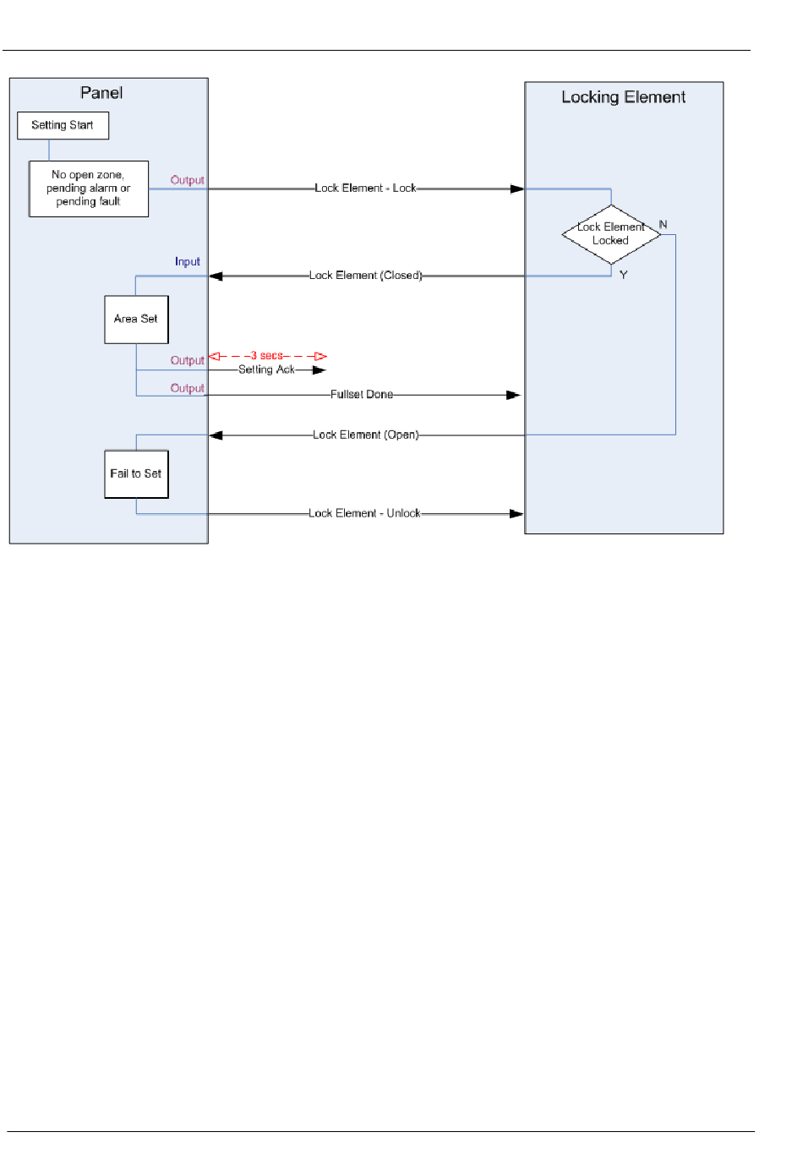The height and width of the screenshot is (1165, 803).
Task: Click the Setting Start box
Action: point(63,125)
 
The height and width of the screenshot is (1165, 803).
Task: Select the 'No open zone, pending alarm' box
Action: point(89,189)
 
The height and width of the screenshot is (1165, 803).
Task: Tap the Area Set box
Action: point(136,320)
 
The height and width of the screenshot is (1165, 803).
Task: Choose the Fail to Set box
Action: point(136,473)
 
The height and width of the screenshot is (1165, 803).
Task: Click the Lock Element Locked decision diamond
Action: point(611,234)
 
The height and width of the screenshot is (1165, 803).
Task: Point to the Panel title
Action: point(101,93)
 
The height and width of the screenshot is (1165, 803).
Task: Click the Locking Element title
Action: point(623,97)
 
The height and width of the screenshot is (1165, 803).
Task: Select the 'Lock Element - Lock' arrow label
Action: point(365,188)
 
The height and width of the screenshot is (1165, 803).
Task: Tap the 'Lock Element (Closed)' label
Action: point(365,275)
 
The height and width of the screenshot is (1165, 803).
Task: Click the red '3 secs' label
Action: point(266,355)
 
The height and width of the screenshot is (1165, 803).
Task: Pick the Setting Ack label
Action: point(266,369)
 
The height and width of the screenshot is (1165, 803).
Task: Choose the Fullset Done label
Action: point(362,394)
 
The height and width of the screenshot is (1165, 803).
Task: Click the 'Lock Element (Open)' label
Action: point(366,435)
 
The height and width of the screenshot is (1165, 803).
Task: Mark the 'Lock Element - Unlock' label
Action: point(364,513)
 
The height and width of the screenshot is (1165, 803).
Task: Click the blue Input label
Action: point(188,261)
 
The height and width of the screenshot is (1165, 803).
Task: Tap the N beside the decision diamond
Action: point(663,224)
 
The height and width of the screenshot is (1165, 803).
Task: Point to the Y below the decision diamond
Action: point(623,275)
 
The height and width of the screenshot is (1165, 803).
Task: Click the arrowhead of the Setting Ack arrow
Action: point(319,369)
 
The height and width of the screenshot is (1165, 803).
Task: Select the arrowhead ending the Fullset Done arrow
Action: point(513,396)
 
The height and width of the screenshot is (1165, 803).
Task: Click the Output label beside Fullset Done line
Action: point(188,388)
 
